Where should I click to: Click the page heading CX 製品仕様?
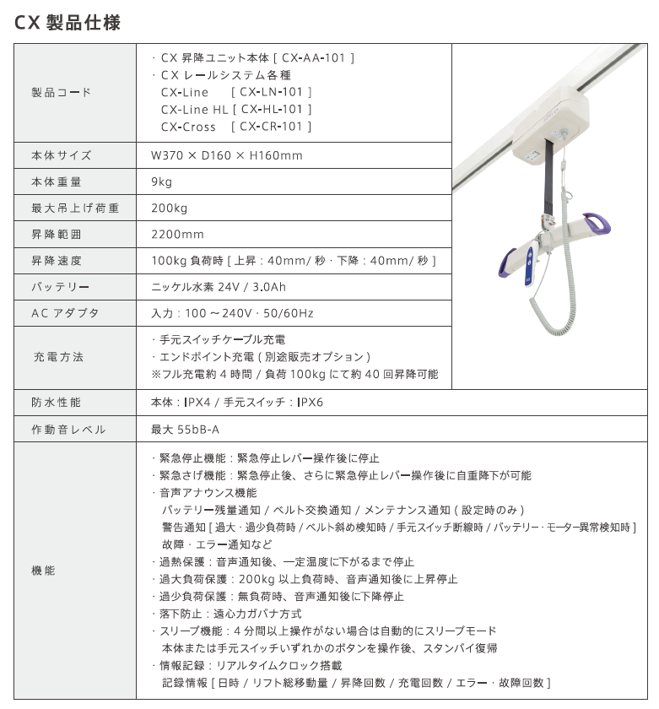point(68,23)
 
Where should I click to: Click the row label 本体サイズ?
point(62,155)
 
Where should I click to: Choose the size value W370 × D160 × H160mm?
point(226,155)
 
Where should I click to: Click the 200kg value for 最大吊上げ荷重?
point(169,208)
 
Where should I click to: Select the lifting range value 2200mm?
point(177,234)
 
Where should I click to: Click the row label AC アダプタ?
point(65,313)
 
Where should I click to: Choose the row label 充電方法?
point(58,357)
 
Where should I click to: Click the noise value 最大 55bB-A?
point(185,430)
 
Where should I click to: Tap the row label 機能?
point(43,571)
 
